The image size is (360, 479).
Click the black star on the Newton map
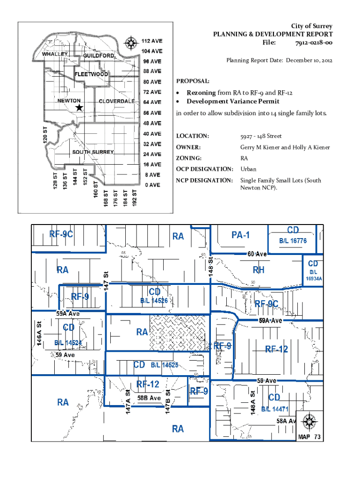tap(79, 108)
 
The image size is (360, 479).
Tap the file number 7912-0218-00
tap(314, 43)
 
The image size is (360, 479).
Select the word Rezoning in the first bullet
tap(201, 93)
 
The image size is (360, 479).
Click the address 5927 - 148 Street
tap(261, 136)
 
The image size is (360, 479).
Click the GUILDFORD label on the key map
tap(99, 56)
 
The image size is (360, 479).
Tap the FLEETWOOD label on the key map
tap(92, 74)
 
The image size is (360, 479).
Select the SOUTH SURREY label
tap(93, 152)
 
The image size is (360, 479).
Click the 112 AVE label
tap(152, 41)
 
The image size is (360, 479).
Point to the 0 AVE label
tap(152, 185)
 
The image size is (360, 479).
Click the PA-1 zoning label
tap(241, 235)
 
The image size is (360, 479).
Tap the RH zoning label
tap(259, 270)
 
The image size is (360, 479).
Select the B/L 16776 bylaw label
tap(293, 241)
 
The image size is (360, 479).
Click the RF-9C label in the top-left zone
tap(61, 234)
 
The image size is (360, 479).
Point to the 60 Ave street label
tap(257, 254)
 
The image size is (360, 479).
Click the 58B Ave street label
tap(149, 398)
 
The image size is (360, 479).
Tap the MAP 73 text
tap(310, 437)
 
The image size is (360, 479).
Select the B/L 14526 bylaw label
tap(154, 301)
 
